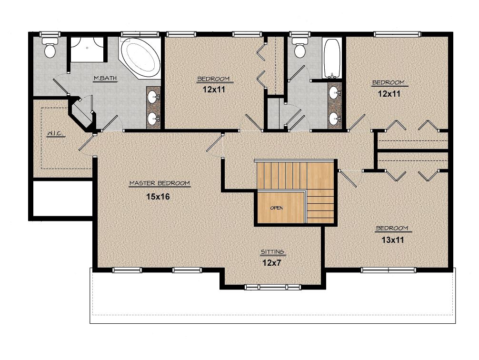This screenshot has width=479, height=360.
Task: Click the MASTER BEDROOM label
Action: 160,183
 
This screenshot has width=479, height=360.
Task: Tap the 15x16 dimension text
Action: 158,197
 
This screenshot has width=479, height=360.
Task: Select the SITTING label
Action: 272,252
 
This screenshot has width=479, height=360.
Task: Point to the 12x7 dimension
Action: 271,262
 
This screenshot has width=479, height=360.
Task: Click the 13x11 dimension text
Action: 392,240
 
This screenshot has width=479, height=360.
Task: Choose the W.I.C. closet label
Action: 56,133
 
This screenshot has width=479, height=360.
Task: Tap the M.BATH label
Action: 105,78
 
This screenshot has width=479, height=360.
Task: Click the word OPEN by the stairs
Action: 277,208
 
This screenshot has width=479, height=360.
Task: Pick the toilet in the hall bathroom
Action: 300,47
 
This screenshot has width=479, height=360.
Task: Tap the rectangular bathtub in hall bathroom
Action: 332,58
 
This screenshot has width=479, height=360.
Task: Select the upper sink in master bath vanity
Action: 153,97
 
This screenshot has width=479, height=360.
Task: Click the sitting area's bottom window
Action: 273,287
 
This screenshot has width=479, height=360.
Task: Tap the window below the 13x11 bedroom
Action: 388,270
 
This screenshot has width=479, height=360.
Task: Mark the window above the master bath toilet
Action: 50,34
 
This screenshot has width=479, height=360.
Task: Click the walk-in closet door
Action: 87,142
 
